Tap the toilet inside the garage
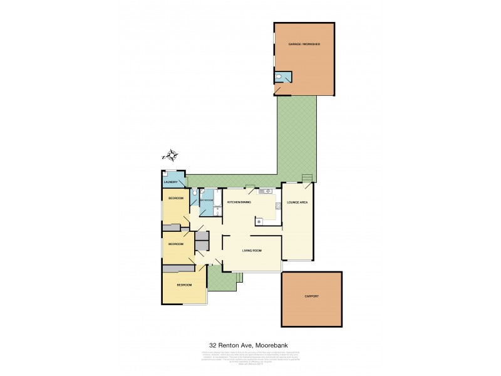279,78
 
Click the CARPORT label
311,296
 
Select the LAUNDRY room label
172,182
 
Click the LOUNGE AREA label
297,202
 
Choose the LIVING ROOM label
252,251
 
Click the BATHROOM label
207,201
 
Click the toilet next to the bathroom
195,196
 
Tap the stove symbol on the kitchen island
258,220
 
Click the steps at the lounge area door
306,179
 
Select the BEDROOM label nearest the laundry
175,198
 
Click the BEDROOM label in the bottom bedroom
183,285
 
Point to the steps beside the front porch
237,281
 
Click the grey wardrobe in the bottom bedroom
179,268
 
